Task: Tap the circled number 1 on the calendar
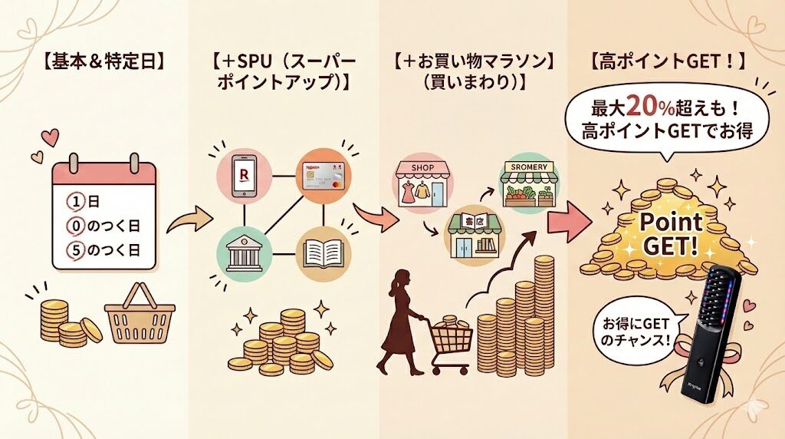pos(75,203)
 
